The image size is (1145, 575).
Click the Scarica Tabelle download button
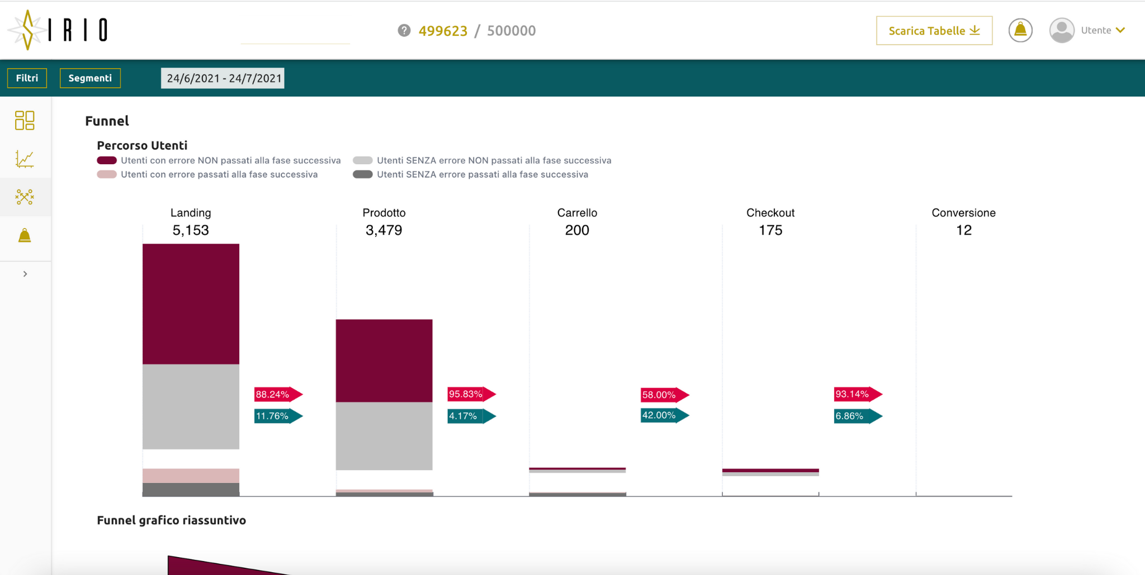(934, 31)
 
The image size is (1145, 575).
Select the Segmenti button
(90, 78)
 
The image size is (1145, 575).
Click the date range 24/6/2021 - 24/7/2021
(223, 78)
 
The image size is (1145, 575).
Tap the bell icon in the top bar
(1020, 30)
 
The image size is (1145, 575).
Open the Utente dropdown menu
(1102, 30)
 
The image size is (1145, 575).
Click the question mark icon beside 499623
(404, 31)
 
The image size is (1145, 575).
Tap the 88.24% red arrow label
(277, 395)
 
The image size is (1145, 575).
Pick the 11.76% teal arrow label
(277, 416)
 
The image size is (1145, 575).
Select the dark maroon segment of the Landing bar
(191, 304)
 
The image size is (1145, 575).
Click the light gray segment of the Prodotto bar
(384, 436)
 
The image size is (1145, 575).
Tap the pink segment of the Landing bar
(191, 476)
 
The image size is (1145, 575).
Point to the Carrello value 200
(577, 230)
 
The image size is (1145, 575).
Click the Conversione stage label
(963, 213)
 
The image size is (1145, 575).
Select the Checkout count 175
(770, 230)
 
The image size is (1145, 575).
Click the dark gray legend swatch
(363, 174)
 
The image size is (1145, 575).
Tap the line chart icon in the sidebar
(25, 159)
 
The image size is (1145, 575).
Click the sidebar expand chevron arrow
(25, 274)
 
